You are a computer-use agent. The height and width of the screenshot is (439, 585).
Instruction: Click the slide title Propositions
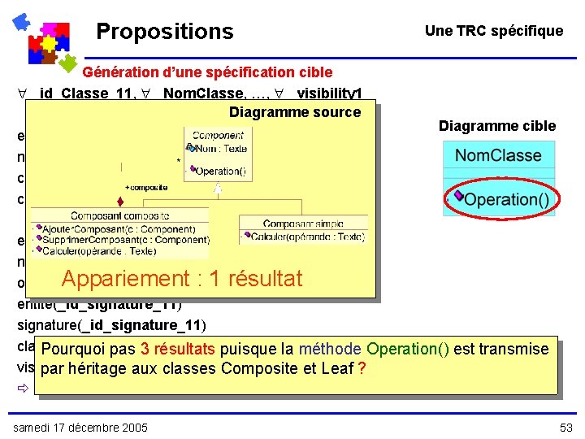(x=164, y=32)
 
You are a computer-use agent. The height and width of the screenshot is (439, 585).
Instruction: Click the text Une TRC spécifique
(x=493, y=31)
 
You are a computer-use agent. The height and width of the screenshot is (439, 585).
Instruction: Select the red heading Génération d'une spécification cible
(x=219, y=72)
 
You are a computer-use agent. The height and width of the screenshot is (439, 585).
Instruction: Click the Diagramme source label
(x=294, y=112)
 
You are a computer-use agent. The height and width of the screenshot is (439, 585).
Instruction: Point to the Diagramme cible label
(x=496, y=126)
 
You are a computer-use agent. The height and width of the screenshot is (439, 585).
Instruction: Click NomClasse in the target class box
(x=498, y=155)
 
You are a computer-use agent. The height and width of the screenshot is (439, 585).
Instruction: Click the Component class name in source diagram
(x=219, y=135)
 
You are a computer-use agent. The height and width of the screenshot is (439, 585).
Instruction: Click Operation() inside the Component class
(x=220, y=172)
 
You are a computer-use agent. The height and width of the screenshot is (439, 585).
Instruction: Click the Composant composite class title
(x=119, y=216)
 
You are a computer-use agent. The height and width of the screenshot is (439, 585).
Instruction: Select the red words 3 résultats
(x=177, y=350)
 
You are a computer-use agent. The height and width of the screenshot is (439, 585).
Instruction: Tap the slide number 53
(x=565, y=428)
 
